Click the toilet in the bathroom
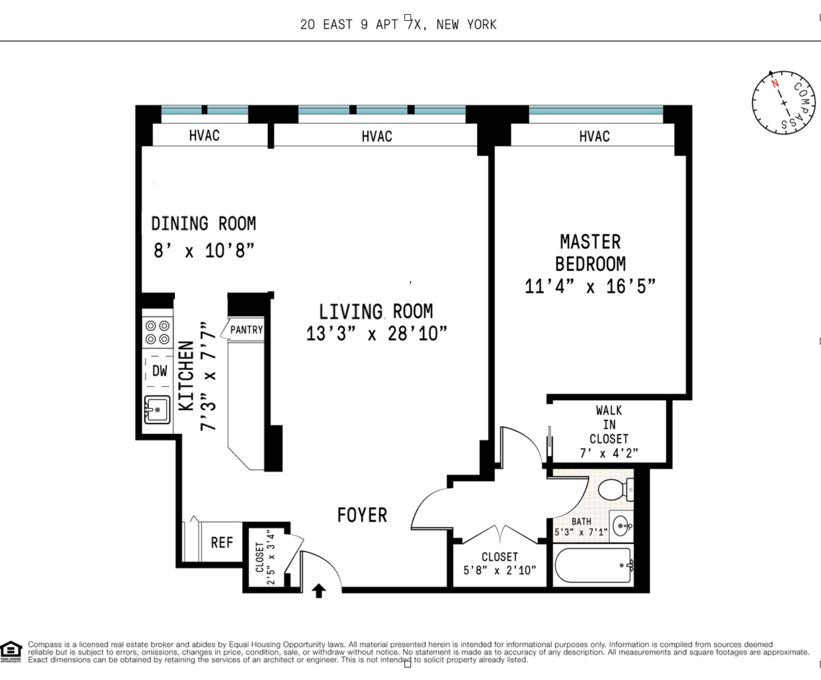614,489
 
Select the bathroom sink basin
621,526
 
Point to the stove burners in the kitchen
157,332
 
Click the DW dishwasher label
160,371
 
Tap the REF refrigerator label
222,543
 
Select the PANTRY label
247,330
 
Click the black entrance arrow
319,591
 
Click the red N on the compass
775,84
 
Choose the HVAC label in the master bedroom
594,137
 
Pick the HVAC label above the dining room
204,136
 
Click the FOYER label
362,515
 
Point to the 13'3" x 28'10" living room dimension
376,333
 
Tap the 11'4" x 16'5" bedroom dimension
590,286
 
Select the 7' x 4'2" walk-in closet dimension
608,453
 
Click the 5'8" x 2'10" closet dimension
500,570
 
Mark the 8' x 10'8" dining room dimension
204,251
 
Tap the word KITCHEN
186,376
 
